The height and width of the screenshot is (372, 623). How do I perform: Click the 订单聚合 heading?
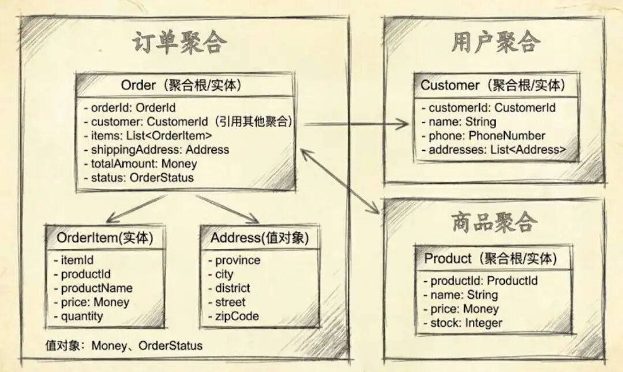(x=180, y=43)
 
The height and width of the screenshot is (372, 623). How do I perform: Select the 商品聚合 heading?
(x=494, y=222)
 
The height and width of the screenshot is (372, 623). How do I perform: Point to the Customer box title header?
(x=492, y=85)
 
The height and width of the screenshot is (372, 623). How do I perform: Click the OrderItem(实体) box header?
(x=105, y=238)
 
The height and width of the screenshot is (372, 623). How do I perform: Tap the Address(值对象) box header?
(x=260, y=238)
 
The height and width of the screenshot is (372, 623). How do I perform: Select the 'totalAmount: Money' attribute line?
(x=144, y=163)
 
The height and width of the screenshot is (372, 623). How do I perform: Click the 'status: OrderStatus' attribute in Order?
(x=142, y=177)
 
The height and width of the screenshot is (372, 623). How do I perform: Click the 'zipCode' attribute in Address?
(x=237, y=316)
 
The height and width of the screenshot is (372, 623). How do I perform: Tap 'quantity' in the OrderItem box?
(x=82, y=316)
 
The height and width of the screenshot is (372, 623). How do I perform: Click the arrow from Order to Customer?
(x=355, y=123)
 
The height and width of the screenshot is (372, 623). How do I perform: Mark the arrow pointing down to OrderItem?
(x=136, y=209)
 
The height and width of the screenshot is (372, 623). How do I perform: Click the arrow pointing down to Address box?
(x=227, y=209)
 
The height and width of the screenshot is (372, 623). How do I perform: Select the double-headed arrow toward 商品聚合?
(x=340, y=181)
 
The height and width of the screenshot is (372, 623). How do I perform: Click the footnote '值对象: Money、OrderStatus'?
(x=124, y=345)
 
